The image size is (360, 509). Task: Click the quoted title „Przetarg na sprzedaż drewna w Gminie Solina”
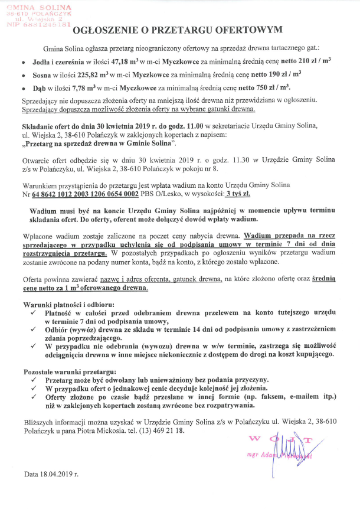[103, 144]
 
